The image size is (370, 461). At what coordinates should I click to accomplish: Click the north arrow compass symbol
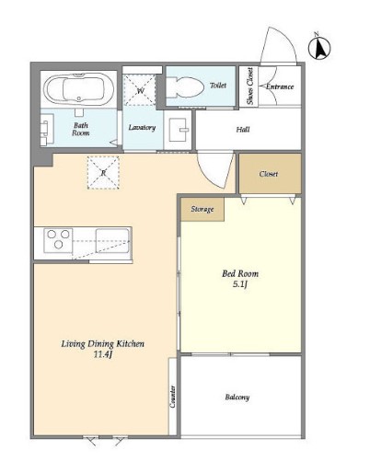pos(319,48)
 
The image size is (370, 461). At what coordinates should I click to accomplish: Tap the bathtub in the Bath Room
pos(79,88)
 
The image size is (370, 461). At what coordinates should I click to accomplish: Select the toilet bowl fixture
pos(185,87)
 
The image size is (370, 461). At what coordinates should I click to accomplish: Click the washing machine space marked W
pos(140,90)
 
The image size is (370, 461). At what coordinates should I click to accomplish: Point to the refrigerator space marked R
pos(103,173)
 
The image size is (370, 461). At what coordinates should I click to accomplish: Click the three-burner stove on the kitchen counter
pos(58,240)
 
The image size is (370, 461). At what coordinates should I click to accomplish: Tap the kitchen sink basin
pos(112,241)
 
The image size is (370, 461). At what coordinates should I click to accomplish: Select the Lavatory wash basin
pos(179,130)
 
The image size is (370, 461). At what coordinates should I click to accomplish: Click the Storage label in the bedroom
pos(202,209)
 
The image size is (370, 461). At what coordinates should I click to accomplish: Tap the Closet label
pos(269,174)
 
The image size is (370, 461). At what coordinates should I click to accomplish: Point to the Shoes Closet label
pos(250,86)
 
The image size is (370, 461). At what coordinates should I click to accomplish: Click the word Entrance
pos(280,86)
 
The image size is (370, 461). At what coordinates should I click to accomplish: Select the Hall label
pos(243,130)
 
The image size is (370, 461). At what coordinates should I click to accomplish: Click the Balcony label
pos(237,398)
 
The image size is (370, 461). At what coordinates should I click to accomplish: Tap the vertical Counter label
pos(173,397)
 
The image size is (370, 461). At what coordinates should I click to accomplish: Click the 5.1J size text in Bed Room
pos(240,284)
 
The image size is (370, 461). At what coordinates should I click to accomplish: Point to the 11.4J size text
pos(102,355)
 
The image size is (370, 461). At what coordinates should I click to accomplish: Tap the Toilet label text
pos(218,85)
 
